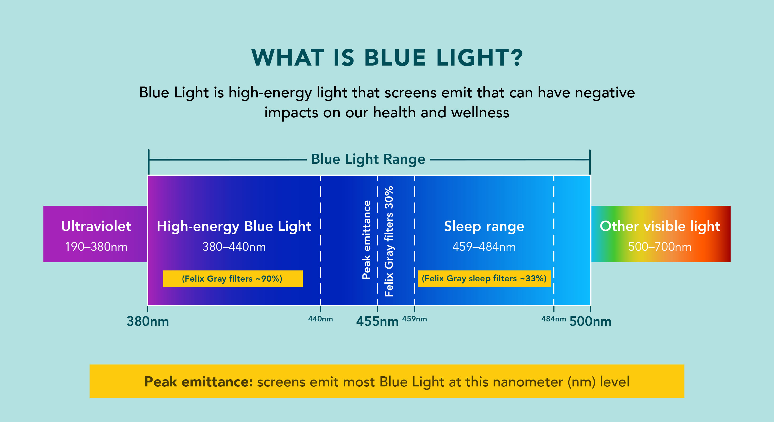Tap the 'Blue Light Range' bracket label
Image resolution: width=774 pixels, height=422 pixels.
tap(368, 159)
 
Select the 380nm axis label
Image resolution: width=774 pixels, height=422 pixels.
tap(148, 321)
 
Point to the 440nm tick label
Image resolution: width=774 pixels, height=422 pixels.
tap(320, 319)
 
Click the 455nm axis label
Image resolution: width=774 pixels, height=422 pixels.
tap(377, 321)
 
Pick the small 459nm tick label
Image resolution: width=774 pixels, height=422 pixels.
tap(414, 319)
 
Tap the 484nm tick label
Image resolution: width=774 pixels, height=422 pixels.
tap(554, 319)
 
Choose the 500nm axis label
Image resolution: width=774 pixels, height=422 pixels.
tap(590, 321)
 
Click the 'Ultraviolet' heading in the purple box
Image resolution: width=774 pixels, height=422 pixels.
tap(96, 226)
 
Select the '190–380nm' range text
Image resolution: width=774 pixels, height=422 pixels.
tap(96, 247)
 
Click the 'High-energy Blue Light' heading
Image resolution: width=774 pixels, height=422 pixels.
tap(234, 226)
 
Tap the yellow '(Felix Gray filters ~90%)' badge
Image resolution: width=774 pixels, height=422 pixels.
tap(232, 279)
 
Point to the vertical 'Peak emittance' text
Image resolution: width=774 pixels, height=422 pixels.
tap(366, 240)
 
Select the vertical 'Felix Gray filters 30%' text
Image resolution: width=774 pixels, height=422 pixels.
tap(389, 241)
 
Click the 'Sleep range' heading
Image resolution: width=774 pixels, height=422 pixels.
tap(484, 226)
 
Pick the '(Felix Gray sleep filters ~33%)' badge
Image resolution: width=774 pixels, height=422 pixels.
tap(484, 278)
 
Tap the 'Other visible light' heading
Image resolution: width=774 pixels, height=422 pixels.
tap(660, 226)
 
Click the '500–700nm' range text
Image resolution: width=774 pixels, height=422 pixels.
tap(660, 247)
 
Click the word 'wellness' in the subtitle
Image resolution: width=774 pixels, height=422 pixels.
tap(480, 113)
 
